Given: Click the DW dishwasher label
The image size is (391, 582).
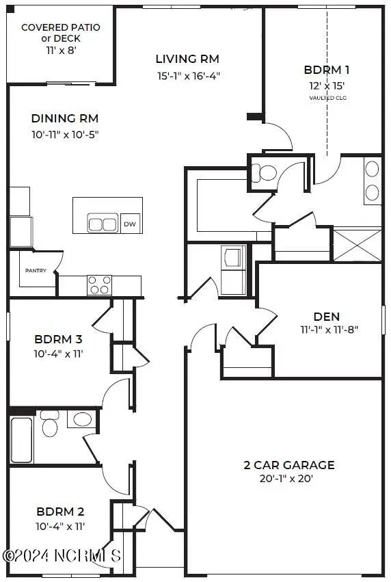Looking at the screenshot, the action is click(130, 224).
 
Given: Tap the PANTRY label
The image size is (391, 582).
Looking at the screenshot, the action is click(36, 271).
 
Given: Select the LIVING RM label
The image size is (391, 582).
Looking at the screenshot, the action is click(187, 59).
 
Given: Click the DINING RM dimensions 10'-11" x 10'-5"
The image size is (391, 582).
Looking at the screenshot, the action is click(65, 134).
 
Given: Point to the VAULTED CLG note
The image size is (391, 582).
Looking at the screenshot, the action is click(328, 98).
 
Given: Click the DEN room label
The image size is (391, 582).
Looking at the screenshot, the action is click(327, 317).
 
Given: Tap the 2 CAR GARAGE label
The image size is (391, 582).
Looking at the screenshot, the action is click(289, 465).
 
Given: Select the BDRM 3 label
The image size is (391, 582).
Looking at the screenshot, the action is click(58, 339).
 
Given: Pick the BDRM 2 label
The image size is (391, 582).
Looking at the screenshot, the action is click(60, 512).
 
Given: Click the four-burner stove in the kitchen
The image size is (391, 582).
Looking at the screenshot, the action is click(99, 285).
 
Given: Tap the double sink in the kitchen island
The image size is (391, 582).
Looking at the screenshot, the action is click(103, 223).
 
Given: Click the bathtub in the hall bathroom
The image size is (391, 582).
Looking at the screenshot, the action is click(21, 440).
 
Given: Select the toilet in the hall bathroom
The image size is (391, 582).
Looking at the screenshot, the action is click(49, 423).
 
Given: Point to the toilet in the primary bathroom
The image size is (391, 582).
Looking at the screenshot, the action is click(264, 173).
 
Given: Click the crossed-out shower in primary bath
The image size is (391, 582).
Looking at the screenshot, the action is click(358, 246).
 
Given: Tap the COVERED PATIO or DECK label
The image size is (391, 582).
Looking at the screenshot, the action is click(61, 33).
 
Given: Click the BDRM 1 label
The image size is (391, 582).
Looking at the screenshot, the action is click(327, 70).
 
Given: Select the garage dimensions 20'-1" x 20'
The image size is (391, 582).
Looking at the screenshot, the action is click(286, 479).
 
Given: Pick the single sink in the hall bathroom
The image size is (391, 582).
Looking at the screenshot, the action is click(82, 419).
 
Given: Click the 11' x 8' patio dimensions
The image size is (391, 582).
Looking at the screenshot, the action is click(62, 50).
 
